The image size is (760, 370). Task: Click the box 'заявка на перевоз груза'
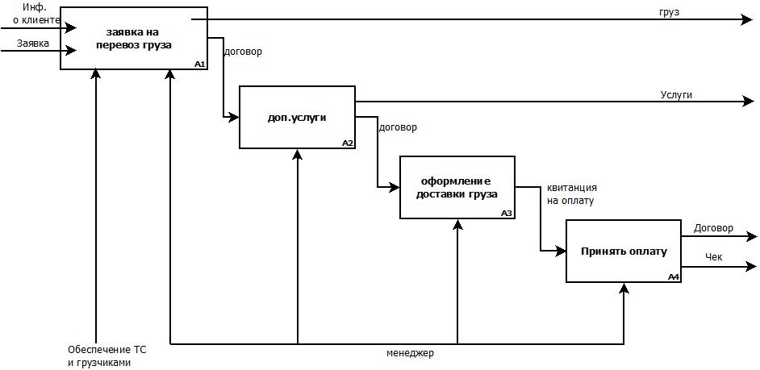point(133,38)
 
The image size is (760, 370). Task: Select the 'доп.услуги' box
point(297,117)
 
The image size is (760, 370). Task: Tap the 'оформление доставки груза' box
point(457,187)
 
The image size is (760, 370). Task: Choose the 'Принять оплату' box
point(624,251)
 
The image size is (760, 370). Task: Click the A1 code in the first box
point(199,64)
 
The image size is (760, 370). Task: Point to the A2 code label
point(348,143)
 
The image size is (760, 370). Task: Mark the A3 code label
point(507,214)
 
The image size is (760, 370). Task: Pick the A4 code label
point(674,276)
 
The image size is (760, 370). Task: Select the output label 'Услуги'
point(676,95)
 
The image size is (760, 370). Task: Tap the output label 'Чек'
point(713,258)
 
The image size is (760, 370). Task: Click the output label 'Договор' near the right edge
point(713,228)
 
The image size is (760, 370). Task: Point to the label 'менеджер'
point(410,353)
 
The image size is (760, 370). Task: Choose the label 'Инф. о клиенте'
point(36,14)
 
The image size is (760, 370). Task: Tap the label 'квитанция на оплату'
point(572,194)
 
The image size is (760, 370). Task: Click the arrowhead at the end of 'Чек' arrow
point(753,267)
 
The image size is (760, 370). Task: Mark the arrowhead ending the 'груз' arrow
point(747,19)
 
